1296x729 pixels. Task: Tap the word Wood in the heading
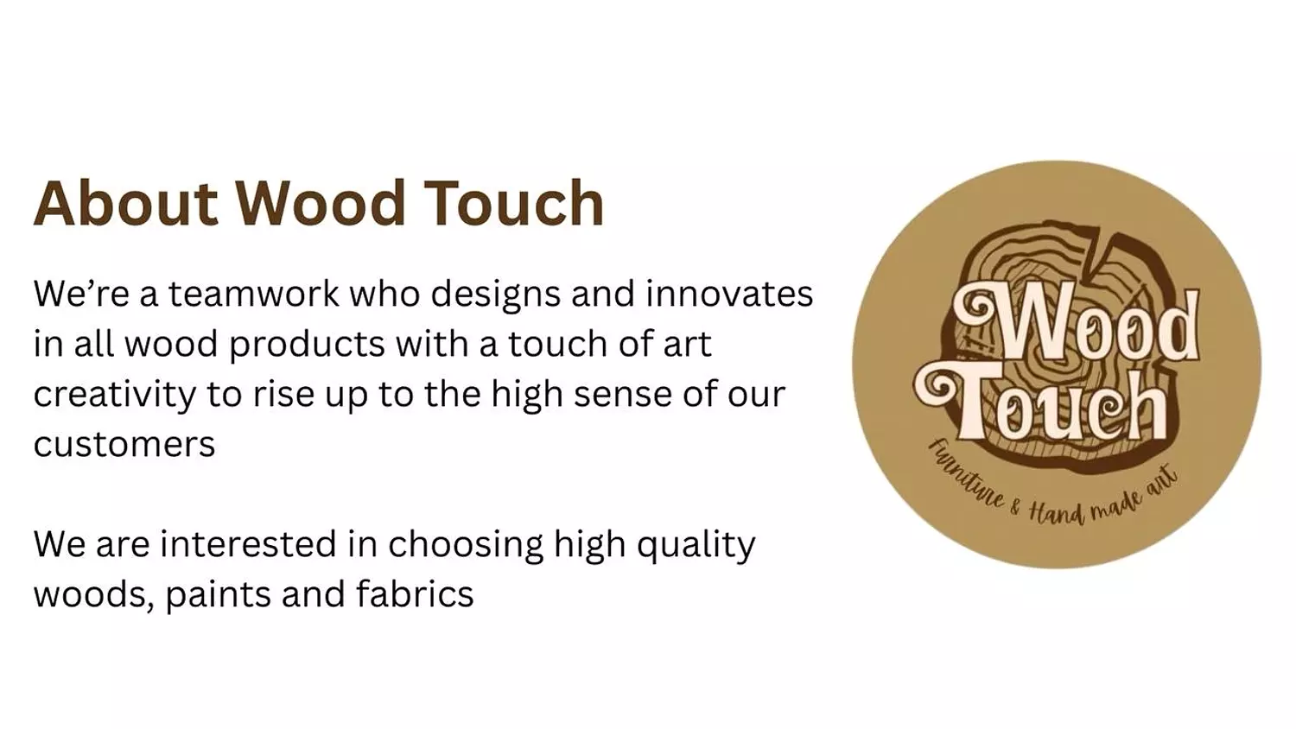[x=321, y=204]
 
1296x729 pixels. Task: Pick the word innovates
[x=729, y=294]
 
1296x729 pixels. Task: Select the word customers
[x=124, y=445]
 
